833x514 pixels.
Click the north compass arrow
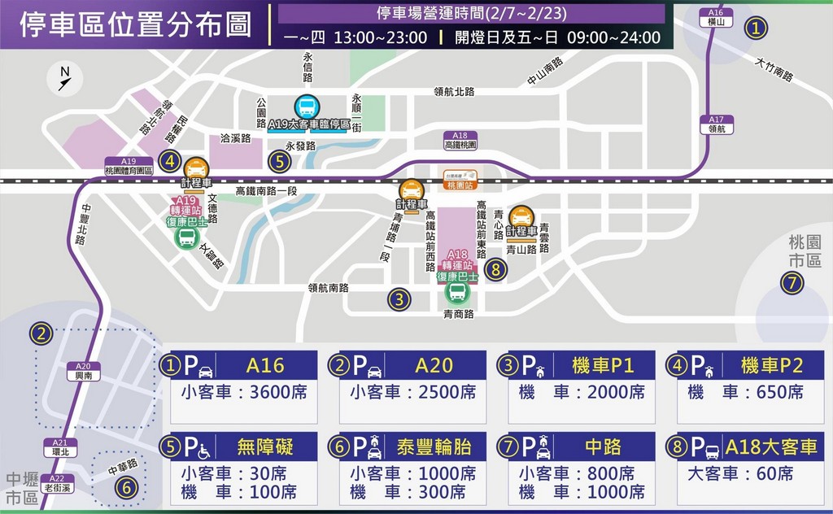(x=65, y=78)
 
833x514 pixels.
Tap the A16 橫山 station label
(x=715, y=18)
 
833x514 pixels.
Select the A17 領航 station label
(x=716, y=124)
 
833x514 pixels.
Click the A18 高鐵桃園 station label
(x=460, y=141)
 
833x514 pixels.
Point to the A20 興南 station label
(x=83, y=371)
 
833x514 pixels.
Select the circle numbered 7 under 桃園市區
(x=793, y=283)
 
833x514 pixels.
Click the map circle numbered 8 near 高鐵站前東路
(x=495, y=269)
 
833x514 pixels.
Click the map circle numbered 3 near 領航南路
(x=398, y=299)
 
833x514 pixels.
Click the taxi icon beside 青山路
(x=521, y=216)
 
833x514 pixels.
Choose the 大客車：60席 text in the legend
(x=741, y=473)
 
